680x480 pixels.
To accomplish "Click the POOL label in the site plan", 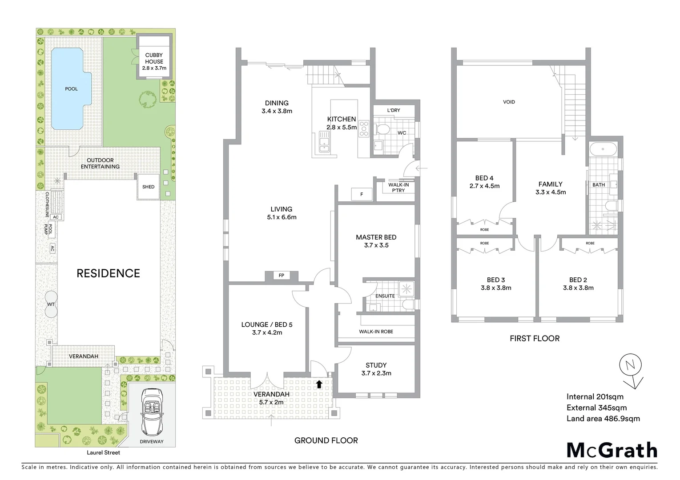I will click(x=71, y=89).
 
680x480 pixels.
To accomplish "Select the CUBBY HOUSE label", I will click(x=154, y=58).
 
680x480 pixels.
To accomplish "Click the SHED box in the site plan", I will click(x=149, y=187).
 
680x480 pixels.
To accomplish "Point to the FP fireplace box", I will click(x=281, y=276).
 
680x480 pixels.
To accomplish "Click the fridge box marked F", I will click(x=362, y=194).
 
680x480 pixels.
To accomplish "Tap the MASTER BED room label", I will click(x=376, y=237).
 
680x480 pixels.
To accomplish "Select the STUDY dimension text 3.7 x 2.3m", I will click(x=376, y=373).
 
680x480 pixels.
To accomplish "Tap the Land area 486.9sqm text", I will click(x=603, y=418).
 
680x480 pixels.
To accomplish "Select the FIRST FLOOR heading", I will click(x=535, y=338).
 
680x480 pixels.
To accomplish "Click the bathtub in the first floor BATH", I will click(x=603, y=149).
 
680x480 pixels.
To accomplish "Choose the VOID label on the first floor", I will click(x=509, y=102).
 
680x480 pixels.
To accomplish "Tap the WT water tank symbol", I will click(x=51, y=304).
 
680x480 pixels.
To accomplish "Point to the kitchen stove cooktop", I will click(x=364, y=128).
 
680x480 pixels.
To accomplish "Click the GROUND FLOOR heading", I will click(x=326, y=440).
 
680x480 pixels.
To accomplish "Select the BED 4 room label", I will click(x=484, y=178).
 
